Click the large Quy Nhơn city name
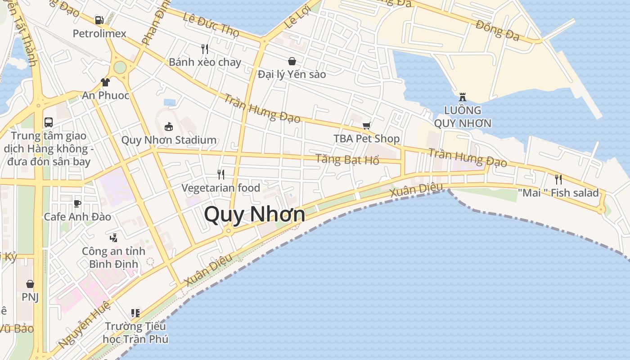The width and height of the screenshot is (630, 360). point(255,214)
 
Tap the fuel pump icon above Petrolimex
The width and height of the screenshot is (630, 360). point(99,20)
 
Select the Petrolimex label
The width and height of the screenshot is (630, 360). point(99,33)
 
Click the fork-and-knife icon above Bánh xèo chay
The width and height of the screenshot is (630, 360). point(205,49)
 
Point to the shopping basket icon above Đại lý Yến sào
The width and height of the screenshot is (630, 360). point(292,61)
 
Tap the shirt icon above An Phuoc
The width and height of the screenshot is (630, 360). point(105,82)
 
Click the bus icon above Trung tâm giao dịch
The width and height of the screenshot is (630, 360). point(49,122)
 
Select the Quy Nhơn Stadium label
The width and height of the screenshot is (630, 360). point(169,140)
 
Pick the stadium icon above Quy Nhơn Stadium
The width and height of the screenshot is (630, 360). point(169,126)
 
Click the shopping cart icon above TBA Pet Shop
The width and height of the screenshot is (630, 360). point(366,126)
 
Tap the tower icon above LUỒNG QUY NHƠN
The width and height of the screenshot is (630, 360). point(462,97)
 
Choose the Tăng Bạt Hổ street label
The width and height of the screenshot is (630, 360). point(347,159)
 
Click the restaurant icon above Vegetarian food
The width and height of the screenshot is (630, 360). point(220,174)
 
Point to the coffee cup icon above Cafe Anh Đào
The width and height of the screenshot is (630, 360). point(77,203)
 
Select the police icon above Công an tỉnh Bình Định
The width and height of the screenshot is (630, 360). point(114,238)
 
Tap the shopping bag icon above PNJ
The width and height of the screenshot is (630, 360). point(30,284)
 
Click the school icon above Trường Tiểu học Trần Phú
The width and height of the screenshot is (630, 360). point(135,313)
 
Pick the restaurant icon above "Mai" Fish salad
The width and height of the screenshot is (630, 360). point(558,180)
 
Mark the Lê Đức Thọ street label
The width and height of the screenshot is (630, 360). point(211,23)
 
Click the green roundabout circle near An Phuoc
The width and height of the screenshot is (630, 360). point(120,67)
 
